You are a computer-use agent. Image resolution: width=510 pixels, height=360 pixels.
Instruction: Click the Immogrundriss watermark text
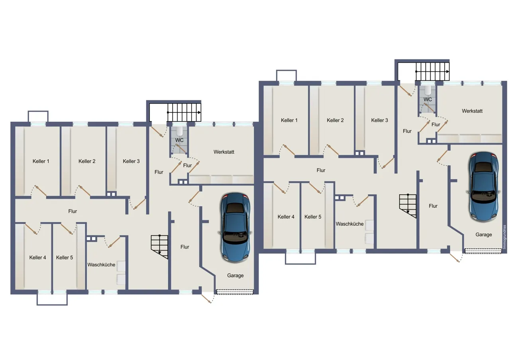click(x=504, y=237)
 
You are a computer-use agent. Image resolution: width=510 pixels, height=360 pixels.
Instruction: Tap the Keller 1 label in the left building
click(x=41, y=161)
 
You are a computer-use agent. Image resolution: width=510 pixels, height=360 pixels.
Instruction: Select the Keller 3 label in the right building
click(x=380, y=120)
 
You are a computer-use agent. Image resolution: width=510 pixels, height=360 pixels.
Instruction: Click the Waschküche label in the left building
click(x=101, y=265)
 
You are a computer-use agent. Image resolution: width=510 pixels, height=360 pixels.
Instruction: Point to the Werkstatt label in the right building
click(x=472, y=111)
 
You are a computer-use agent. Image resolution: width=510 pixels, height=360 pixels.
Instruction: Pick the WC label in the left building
click(x=179, y=140)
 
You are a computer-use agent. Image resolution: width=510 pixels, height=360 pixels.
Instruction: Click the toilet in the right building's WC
click(x=428, y=90)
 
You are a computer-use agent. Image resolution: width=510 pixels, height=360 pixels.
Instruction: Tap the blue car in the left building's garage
click(x=235, y=227)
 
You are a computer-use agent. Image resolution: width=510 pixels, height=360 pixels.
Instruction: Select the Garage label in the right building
click(x=484, y=235)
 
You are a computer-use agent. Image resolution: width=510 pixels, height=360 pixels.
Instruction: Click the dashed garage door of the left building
click(x=235, y=292)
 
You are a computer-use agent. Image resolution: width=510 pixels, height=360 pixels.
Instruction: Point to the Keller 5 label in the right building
click(x=313, y=217)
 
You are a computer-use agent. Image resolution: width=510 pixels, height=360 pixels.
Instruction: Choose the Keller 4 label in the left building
click(x=37, y=257)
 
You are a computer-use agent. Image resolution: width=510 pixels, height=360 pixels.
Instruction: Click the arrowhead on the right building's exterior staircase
click(x=447, y=71)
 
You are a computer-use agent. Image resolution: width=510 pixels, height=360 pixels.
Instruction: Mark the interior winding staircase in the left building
click(x=159, y=247)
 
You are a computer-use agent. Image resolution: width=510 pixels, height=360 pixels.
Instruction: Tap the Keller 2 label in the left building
click(x=87, y=161)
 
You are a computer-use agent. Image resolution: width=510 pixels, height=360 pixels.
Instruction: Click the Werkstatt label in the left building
click(x=224, y=152)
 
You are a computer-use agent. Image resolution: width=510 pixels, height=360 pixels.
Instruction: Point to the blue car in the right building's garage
click(x=483, y=186)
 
